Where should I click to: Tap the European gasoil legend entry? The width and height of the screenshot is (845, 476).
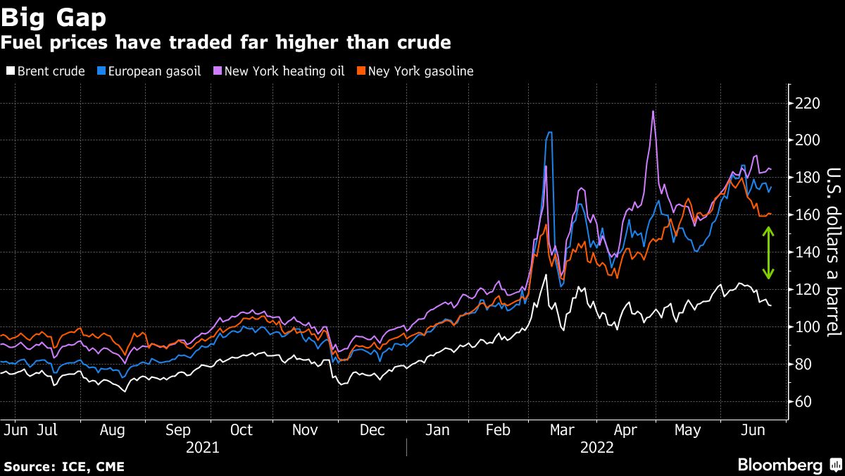point(149,71)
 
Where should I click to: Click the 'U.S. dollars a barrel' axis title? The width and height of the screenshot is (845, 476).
point(832,252)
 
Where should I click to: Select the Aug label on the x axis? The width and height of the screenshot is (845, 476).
point(113,430)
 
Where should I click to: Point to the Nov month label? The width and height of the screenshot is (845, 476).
point(306,430)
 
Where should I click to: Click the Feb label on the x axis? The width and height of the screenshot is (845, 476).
point(499,430)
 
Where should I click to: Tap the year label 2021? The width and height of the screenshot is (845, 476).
point(202,448)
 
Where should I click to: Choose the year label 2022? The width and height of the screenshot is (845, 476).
point(597,448)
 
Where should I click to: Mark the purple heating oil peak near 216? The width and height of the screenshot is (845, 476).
point(653,111)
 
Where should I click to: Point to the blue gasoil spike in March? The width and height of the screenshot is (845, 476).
point(549,133)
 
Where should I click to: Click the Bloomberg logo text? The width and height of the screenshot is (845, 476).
point(780,465)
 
